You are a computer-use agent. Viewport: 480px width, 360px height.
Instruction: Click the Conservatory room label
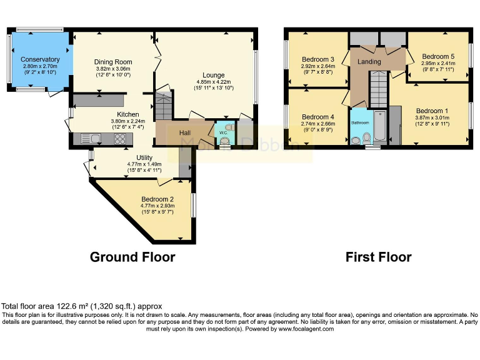click(x=40, y=58)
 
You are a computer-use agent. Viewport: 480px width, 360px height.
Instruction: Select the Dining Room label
click(x=113, y=62)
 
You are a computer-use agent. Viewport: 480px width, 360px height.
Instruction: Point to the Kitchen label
click(x=128, y=114)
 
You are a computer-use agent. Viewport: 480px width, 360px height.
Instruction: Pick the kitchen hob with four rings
click(x=119, y=139)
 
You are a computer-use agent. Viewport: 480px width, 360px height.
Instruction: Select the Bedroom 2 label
click(x=157, y=199)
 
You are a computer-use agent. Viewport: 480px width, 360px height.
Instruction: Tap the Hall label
click(x=185, y=133)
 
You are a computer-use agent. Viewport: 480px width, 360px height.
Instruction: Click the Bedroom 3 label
click(x=318, y=59)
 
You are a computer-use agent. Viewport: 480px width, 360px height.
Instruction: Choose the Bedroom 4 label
click(x=318, y=117)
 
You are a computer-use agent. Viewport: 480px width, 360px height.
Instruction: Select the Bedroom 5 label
click(x=437, y=56)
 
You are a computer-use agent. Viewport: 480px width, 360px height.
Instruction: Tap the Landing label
click(x=369, y=62)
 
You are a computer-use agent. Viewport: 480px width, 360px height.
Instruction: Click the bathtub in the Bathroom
click(x=379, y=129)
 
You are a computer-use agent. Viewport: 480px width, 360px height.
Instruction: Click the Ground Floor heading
click(x=132, y=257)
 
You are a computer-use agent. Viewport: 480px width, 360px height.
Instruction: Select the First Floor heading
click(x=378, y=257)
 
